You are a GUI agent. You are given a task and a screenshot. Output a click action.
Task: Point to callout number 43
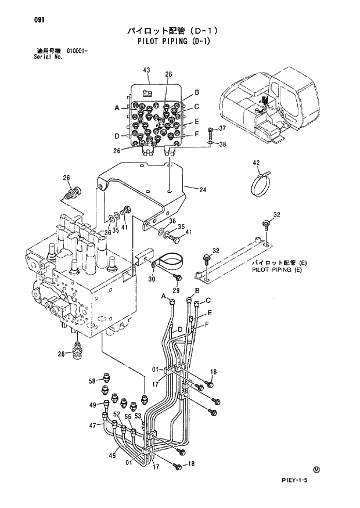[146, 70]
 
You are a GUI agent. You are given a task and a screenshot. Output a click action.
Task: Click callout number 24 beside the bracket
[203, 189]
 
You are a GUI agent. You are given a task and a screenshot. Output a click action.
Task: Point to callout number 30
[152, 279]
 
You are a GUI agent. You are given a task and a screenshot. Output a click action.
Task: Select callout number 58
[92, 381]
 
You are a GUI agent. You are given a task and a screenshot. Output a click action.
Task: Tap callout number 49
[92, 404]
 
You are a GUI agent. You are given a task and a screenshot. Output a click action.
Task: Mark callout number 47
[92, 426]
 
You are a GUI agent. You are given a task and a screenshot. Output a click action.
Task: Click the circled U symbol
[316, 469]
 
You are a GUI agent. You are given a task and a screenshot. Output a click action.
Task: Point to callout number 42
[256, 162]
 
